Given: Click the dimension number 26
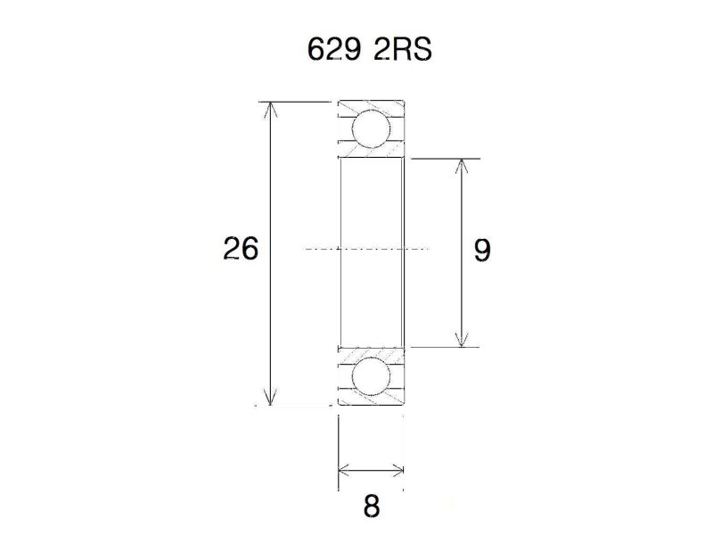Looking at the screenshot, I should click(x=241, y=250).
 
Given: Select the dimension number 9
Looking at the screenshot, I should click(x=482, y=251).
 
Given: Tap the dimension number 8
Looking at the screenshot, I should click(x=372, y=506).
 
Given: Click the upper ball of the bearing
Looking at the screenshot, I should click(x=372, y=128).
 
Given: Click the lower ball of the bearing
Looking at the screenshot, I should click(x=372, y=376).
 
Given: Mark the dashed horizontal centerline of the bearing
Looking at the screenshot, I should click(x=365, y=248).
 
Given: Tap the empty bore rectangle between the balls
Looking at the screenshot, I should click(x=372, y=205).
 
